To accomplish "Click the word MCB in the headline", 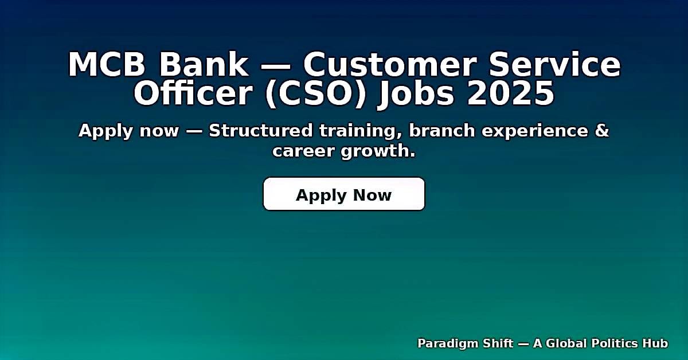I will point(107,65).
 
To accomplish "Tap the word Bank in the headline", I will point(204,65).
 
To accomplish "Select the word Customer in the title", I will point(395,65).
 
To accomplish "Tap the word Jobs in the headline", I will point(416,95).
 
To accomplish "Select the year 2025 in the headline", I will point(511,95).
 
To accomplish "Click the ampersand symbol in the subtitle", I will point(602,131).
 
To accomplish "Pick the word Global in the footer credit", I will point(566,343).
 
